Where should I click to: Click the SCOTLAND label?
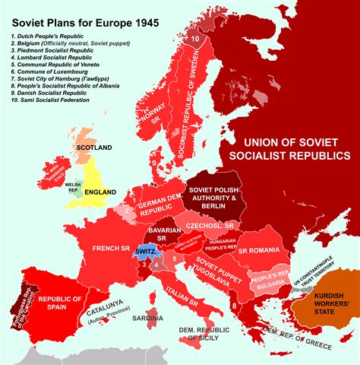pyautogui.click(x=93, y=148)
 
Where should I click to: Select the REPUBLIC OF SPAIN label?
pyautogui.click(x=60, y=304)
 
